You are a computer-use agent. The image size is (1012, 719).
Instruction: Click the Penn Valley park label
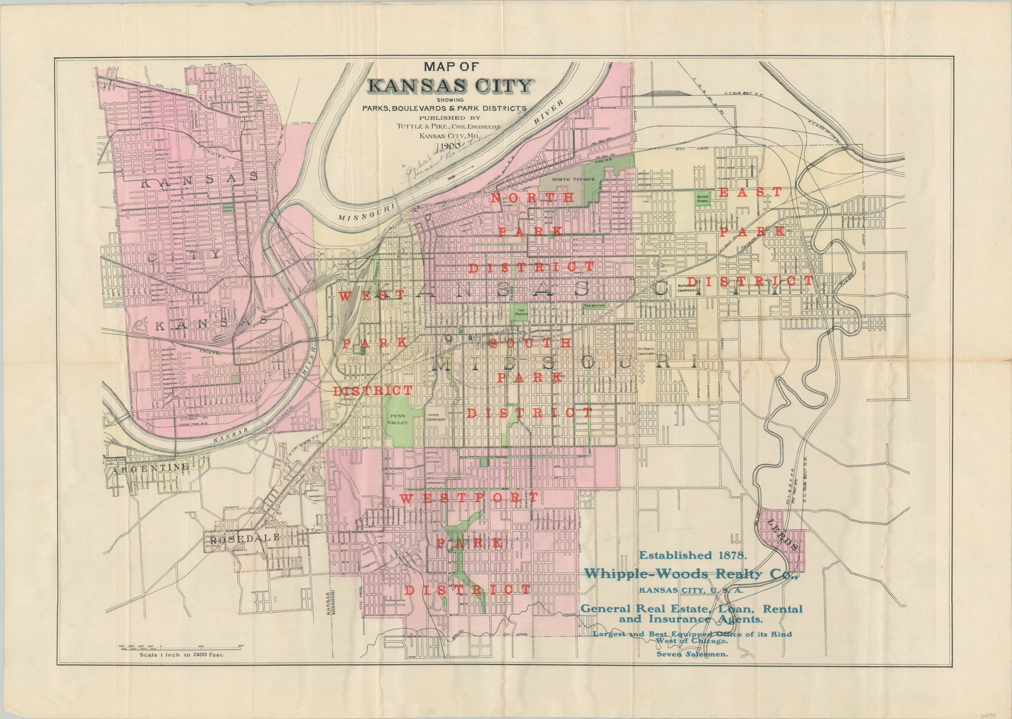[x=399, y=419]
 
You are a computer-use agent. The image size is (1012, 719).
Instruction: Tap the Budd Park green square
[x=702, y=198]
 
